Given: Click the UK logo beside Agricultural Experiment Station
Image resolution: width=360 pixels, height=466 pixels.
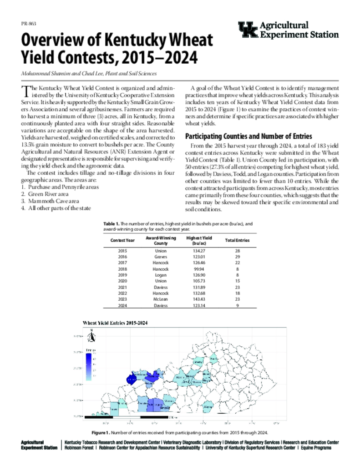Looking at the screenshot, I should pos(248,30).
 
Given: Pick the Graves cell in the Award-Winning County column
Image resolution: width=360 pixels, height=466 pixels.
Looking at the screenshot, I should pos(161,257).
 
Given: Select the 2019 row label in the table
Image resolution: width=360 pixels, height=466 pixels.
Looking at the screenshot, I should pos(123,275).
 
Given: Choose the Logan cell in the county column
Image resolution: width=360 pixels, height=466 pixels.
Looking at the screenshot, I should pos(161,275).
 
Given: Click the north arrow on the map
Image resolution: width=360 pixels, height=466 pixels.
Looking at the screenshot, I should pos(91,336).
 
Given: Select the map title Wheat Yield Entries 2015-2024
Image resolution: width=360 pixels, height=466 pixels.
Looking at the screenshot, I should pos(117,323).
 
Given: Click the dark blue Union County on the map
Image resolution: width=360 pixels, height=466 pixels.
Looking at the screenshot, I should pos(132,379).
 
